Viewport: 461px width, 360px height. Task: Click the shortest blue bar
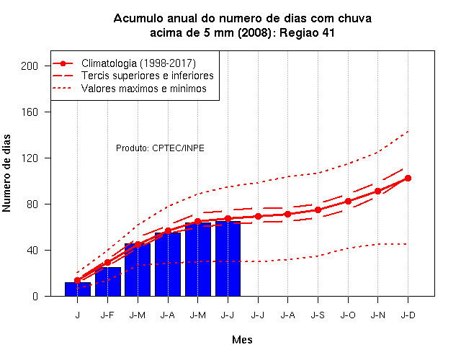point(78,289)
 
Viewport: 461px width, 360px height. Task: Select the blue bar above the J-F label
point(108,282)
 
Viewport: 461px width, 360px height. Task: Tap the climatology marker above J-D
point(408,178)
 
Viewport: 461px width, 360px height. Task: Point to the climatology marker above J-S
point(318,210)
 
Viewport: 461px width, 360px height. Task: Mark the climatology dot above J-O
point(348,202)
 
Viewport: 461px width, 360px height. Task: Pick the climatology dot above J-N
point(377,192)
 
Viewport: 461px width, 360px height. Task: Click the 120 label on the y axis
point(30,158)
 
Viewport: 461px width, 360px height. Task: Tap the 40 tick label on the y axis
point(32,251)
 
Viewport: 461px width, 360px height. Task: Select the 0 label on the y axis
point(35,296)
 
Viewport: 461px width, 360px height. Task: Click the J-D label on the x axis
point(408,315)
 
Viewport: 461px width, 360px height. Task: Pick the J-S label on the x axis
point(318,315)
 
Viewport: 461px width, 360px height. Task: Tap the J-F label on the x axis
point(107,315)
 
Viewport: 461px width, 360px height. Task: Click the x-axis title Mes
point(242,340)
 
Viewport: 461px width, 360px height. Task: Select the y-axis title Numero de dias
point(6,174)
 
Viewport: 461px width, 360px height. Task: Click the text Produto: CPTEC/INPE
point(160,148)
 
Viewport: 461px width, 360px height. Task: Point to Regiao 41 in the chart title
point(307,33)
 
